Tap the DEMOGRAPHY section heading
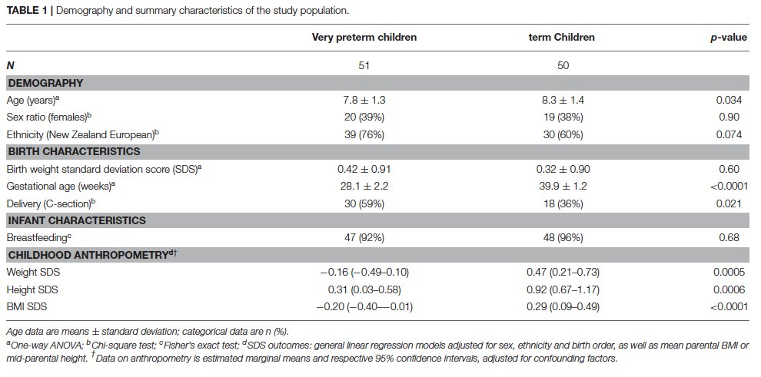coord(45,83)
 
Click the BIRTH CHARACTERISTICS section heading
coord(74,151)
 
